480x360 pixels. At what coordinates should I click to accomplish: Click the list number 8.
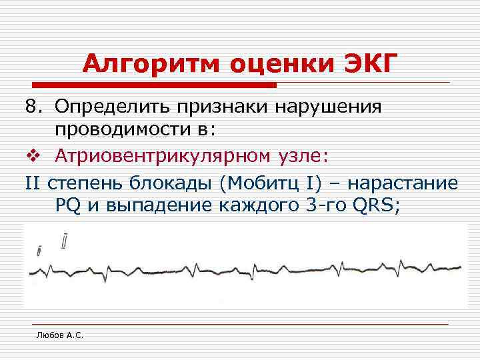[x=34, y=107]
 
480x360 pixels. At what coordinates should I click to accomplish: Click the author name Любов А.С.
[x=60, y=335]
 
